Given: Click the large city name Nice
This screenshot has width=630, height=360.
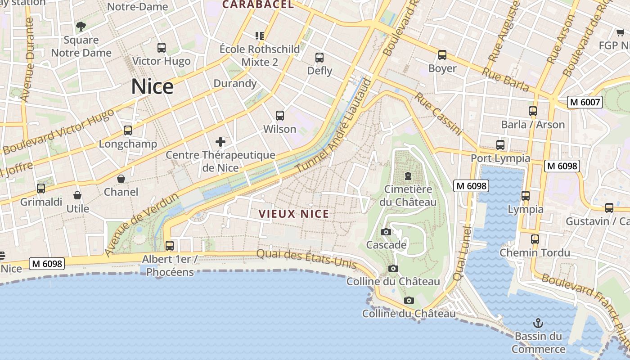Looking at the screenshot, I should coord(152,86).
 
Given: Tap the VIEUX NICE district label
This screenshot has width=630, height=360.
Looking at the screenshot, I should coord(294,214).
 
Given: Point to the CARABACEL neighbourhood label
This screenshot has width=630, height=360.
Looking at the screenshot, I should coord(258,5).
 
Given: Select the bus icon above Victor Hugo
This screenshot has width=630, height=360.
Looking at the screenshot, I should coord(161,47).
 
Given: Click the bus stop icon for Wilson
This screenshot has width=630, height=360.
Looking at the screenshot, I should coord(280,116).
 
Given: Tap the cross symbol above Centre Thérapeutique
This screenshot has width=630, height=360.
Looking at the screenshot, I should coord(220,142).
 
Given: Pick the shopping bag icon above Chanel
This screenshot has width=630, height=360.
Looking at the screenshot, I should coord(121,179).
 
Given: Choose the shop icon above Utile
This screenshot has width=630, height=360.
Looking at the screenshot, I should coord(77,195).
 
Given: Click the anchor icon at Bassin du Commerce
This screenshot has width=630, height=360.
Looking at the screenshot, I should coord(538,323).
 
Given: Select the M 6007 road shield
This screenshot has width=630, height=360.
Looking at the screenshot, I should coord(585,102).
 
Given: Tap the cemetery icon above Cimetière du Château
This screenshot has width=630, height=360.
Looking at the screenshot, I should coord(408,175).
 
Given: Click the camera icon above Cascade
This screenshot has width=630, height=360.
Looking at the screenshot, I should coord(386,232).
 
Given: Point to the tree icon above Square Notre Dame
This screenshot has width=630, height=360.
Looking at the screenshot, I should coord(81,27).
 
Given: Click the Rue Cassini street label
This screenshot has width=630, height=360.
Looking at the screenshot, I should coord(438,114).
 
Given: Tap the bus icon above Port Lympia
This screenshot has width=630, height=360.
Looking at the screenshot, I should coord(500,145).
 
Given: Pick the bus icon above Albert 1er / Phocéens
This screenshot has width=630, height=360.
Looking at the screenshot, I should coord(170,246).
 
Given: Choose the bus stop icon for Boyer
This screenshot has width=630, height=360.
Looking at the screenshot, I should coord(442,55).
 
